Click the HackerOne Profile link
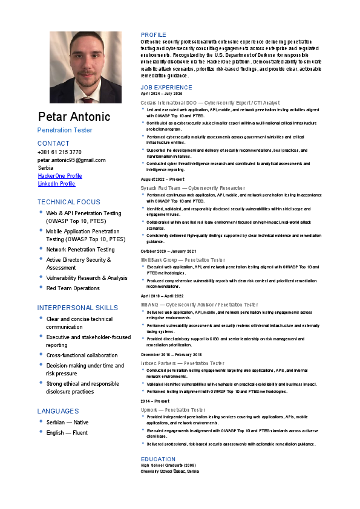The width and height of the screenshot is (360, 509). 60,176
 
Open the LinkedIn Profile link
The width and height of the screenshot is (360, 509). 56,184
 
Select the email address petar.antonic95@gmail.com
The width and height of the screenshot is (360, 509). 71,160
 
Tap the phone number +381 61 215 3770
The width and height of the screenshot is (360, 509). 59,152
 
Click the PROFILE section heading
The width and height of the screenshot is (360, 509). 153,35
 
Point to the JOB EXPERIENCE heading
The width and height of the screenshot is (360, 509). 166,88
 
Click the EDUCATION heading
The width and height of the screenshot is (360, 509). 158,459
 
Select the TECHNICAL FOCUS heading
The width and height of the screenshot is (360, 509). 69,202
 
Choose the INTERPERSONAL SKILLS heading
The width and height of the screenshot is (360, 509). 77,308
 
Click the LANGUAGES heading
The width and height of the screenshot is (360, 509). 58,411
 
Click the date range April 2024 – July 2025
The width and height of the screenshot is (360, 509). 161,94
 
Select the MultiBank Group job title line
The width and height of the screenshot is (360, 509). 182,259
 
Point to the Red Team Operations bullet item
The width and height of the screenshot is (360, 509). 73,288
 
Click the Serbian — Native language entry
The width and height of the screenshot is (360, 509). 67,423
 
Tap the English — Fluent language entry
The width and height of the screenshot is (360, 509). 67,433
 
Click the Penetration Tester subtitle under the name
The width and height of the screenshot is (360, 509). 65,130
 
